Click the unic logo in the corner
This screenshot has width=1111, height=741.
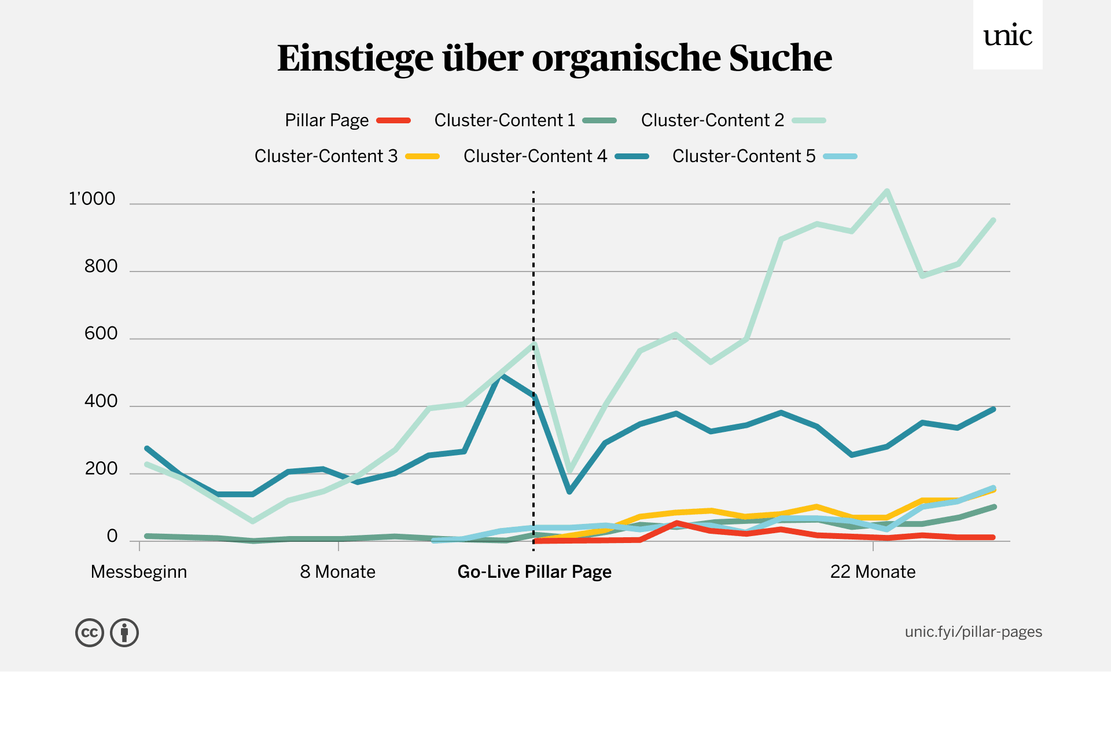point(1007,36)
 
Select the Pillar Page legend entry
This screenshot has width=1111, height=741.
point(327,120)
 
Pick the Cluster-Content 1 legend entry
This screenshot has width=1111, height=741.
point(505,120)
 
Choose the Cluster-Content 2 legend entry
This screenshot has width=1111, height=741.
point(712,120)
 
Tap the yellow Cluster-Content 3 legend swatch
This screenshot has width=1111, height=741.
point(422,156)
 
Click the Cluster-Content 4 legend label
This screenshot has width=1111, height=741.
point(535,156)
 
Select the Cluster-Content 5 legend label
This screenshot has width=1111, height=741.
point(744,156)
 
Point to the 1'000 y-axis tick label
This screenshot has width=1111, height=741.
point(92,199)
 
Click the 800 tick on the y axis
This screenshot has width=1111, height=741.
point(101,266)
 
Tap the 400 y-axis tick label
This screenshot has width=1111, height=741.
point(101,401)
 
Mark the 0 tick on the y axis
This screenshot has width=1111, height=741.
point(112,537)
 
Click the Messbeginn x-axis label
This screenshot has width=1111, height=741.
point(139,572)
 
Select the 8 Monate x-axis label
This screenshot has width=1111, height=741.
point(338,572)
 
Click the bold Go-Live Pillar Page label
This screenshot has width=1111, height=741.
point(534,572)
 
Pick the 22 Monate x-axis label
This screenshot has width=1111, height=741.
point(873,572)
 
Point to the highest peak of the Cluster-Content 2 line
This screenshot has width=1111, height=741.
point(886,192)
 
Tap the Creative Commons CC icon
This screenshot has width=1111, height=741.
point(90,633)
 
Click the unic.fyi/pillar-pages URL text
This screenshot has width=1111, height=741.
point(973,632)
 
